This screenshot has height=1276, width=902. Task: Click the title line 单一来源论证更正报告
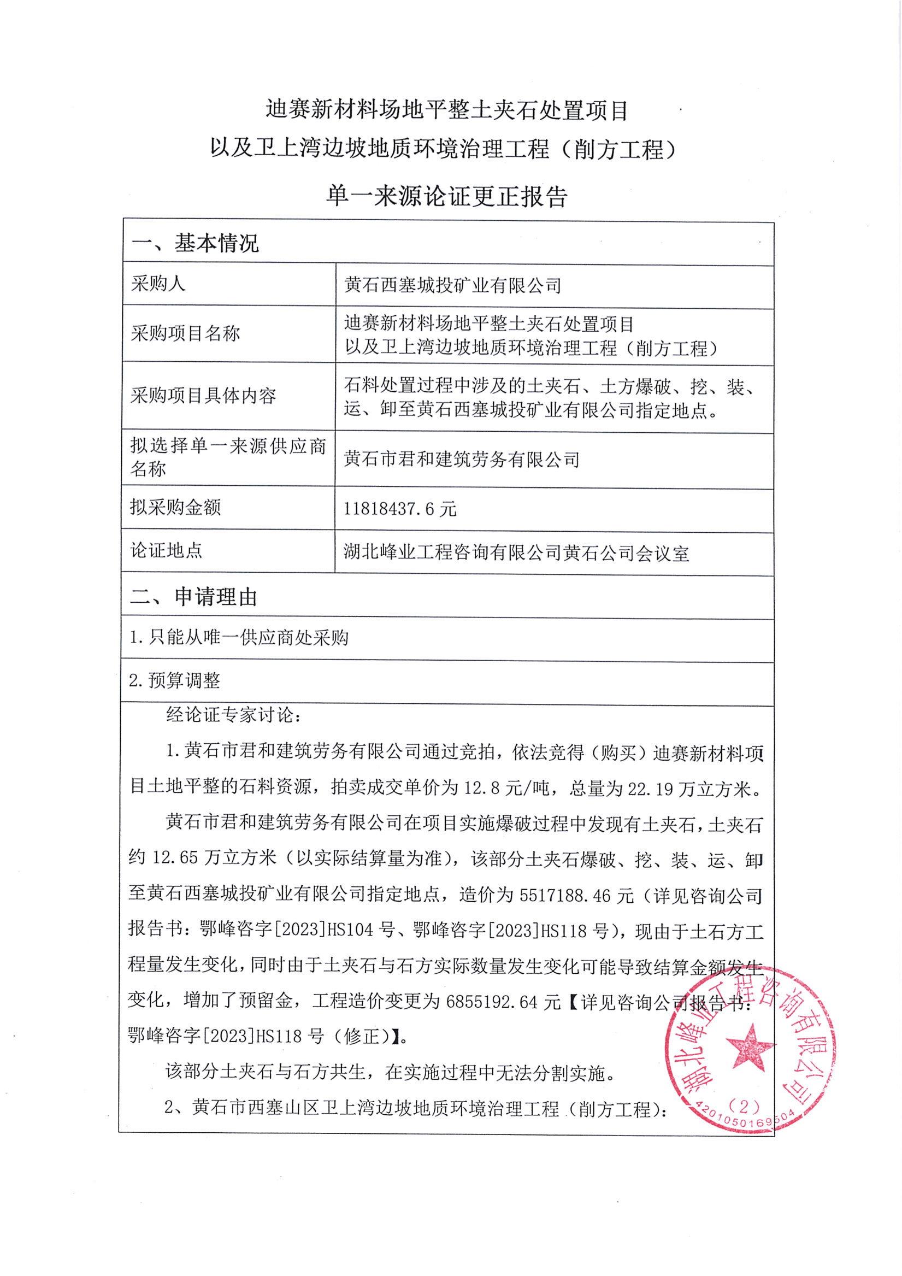click(447, 196)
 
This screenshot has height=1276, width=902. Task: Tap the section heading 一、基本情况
click(194, 243)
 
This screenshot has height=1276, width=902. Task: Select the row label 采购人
click(158, 284)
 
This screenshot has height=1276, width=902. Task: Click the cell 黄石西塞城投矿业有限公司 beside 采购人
click(452, 286)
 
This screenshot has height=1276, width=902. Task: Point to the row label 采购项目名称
click(185, 333)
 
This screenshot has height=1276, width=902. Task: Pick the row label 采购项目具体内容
click(203, 396)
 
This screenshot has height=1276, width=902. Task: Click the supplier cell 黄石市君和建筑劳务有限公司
click(461, 460)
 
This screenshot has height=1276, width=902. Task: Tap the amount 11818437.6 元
click(399, 509)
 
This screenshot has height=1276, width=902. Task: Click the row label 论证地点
click(166, 551)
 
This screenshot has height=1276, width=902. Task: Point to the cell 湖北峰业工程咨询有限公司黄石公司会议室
click(516, 553)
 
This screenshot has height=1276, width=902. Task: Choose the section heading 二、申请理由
click(193, 597)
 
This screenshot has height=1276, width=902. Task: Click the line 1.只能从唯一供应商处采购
click(239, 637)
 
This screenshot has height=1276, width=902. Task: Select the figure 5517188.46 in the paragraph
click(565, 895)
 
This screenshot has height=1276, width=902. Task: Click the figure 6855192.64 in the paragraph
click(491, 1002)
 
